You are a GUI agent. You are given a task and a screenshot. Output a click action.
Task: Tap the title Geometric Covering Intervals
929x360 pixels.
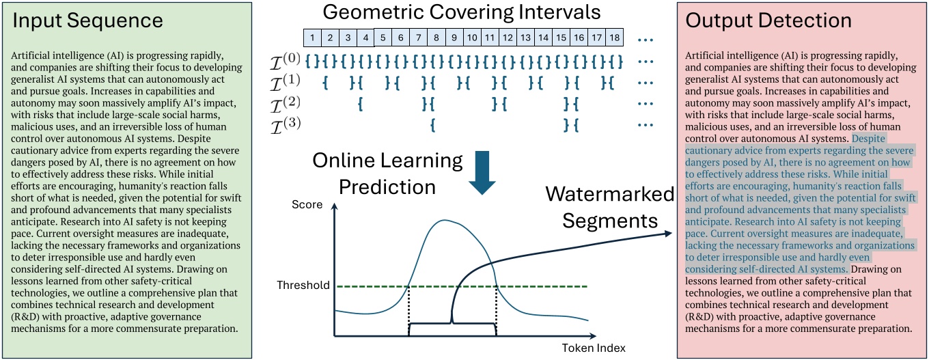[462, 12]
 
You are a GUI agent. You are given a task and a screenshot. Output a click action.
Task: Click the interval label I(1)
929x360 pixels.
[284, 83]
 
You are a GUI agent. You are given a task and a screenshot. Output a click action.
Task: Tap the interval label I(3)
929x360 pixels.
[284, 125]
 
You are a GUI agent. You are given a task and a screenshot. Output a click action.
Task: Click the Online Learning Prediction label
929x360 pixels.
[388, 174]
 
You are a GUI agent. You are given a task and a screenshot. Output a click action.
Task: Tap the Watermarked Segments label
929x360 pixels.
[609, 208]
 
